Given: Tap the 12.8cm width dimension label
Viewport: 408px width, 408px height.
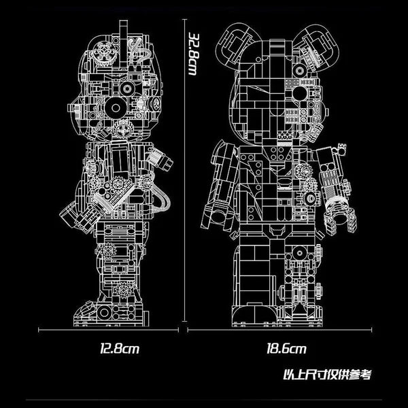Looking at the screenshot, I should point(119,350).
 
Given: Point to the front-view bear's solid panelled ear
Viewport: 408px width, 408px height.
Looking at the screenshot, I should point(234,42).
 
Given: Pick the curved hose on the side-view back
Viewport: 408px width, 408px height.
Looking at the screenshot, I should point(162,201).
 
